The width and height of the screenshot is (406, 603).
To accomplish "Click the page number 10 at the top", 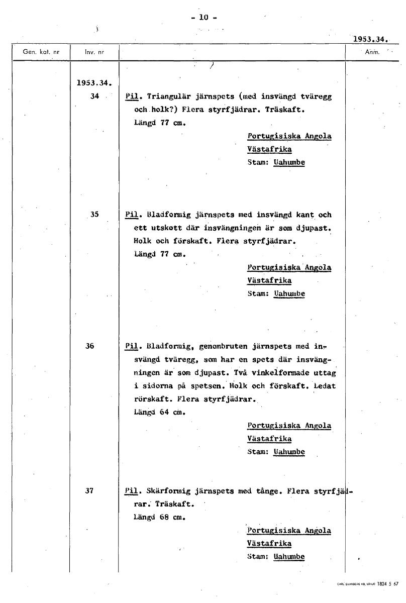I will (203, 17).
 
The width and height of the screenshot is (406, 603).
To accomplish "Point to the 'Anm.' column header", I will (372, 51).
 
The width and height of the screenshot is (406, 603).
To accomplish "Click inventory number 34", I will (94, 96).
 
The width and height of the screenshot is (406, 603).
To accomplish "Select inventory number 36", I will (89, 346).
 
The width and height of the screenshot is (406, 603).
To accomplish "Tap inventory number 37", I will (89, 491).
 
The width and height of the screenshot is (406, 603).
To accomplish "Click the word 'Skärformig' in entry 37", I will (168, 491).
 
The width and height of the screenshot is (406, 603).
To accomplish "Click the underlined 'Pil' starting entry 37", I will (130, 491).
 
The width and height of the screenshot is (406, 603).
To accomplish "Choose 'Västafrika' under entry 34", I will (269, 149).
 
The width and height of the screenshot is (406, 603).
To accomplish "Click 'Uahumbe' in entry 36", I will (289, 452).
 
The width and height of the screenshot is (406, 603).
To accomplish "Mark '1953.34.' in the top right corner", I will (372, 38).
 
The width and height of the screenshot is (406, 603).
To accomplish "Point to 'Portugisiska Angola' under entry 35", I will (289, 267).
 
